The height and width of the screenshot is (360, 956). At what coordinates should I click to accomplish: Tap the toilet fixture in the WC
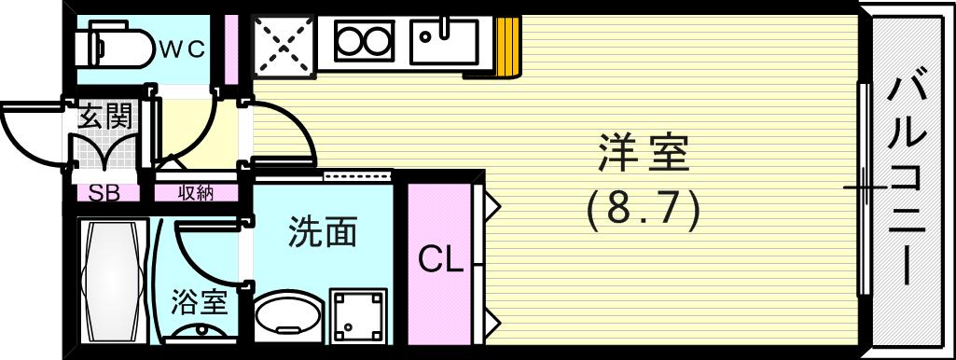point(117,46)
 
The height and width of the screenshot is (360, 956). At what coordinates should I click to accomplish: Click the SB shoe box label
point(103,193)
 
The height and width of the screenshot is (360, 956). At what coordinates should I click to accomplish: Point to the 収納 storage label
point(196,193)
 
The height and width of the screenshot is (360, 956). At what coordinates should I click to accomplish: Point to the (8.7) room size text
point(644,212)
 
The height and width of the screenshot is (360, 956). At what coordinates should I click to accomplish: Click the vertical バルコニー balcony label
point(907,181)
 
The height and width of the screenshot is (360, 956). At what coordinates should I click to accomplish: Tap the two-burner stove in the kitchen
point(362,43)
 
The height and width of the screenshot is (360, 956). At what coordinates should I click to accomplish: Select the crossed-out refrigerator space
point(284,45)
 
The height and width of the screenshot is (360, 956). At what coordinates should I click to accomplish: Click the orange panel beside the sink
point(506,47)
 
